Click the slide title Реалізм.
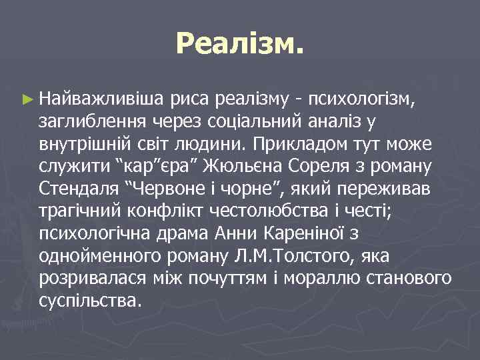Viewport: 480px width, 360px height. [x=240, y=45]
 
